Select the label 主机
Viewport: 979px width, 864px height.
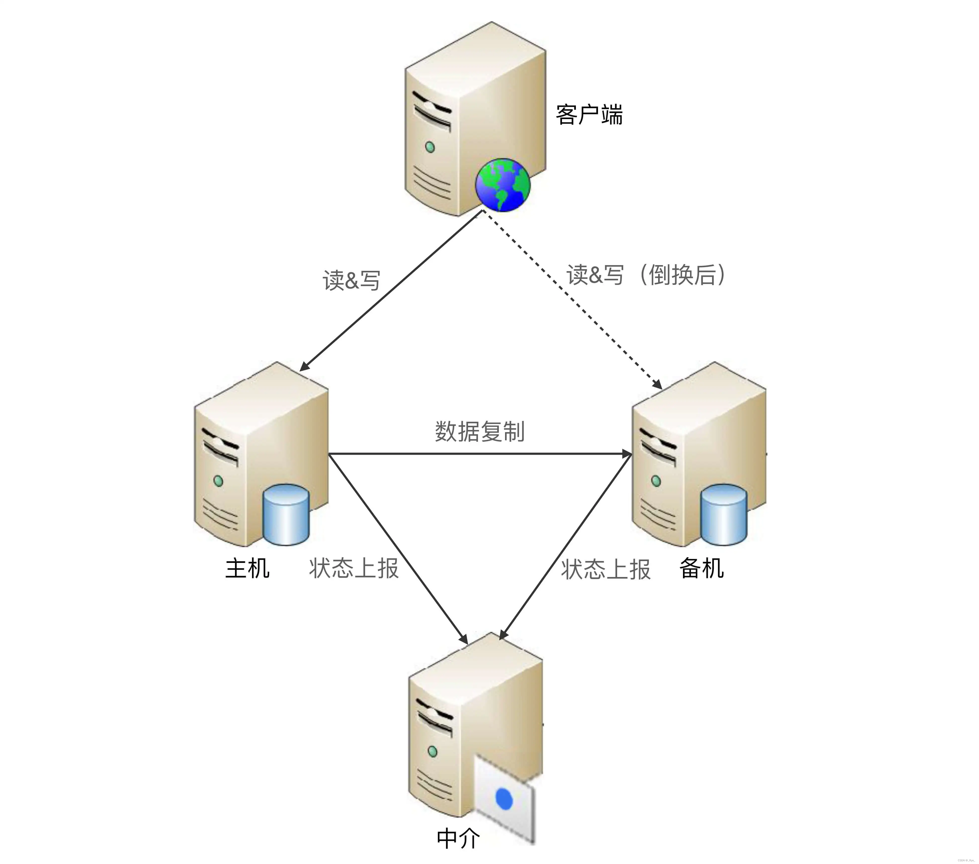pos(247,568)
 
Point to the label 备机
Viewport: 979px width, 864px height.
pos(701,568)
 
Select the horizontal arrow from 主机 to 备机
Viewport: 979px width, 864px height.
pos(479,453)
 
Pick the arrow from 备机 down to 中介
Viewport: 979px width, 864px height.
pos(565,546)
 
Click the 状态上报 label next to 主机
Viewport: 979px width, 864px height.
pos(353,568)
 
